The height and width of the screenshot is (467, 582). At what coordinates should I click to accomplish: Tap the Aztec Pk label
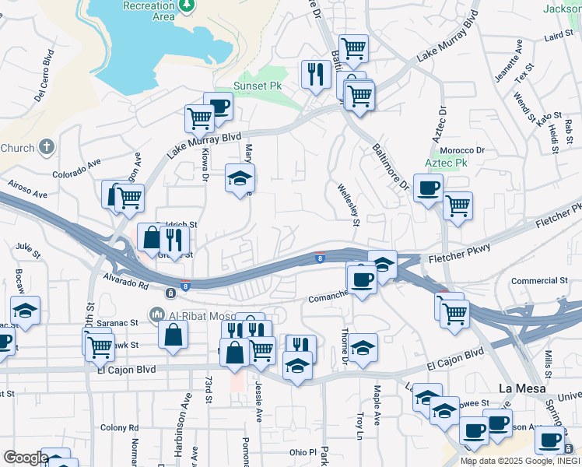[446, 164]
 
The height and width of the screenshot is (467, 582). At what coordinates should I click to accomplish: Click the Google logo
[26, 458]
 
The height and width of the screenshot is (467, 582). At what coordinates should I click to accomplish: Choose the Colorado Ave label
[77, 169]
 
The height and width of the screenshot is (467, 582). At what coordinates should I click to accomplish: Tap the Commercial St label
[540, 280]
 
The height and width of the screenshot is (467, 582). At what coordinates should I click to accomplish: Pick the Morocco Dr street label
[462, 150]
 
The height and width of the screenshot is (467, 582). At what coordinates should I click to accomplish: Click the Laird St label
[558, 36]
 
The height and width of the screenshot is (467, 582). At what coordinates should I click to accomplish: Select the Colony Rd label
[119, 427]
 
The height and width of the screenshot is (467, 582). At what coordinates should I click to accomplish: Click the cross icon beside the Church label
[47, 147]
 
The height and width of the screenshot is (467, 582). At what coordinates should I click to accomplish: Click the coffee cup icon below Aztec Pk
[428, 188]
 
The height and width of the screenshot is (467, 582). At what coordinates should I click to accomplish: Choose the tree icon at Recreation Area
[186, 5]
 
